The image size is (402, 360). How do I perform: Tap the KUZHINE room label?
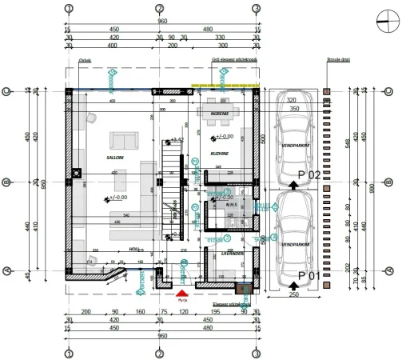tap(220, 152)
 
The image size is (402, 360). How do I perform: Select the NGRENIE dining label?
tap(220, 114)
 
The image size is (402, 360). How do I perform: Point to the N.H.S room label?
tap(231, 204)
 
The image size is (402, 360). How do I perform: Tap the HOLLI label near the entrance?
tap(135, 250)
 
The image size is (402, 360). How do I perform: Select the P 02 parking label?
tap(309, 174)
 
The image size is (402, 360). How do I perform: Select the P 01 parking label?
tap(309, 275)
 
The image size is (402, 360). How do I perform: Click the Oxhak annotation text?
tap(85, 59)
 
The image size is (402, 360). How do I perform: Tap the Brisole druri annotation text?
tap(340, 59)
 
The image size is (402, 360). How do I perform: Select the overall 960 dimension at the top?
tap(162, 22)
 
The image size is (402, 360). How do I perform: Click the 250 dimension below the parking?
tap(293, 295)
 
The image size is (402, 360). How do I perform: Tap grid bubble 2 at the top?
tap(161, 8)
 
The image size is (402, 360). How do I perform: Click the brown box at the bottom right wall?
tap(244, 289)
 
